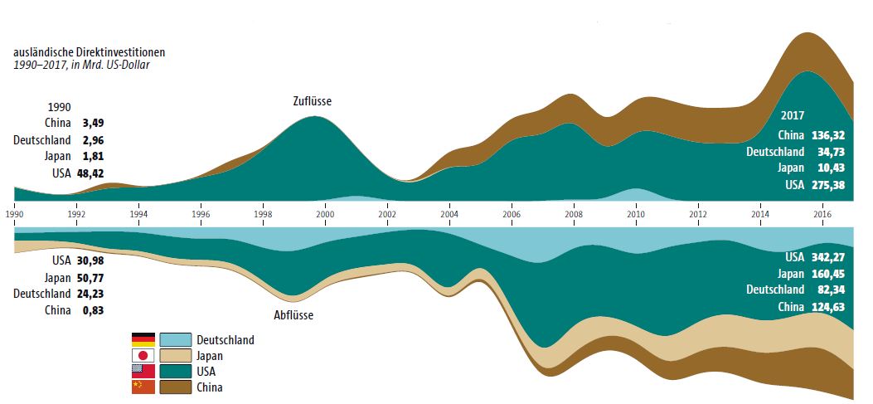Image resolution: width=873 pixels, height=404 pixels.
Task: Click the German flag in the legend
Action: (x=143, y=339)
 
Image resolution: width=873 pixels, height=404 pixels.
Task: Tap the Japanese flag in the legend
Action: (x=143, y=355)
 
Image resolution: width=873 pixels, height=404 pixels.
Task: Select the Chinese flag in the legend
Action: (x=143, y=387)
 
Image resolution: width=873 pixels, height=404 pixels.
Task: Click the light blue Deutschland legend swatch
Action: (x=175, y=339)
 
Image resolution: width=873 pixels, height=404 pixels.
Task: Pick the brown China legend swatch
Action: (x=175, y=387)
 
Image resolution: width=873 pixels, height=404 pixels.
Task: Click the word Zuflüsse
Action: (x=313, y=102)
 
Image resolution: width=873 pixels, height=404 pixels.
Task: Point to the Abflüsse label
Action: (x=293, y=315)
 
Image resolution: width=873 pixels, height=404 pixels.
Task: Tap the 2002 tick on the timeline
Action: (x=387, y=213)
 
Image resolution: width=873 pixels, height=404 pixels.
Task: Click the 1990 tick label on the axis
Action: (x=14, y=213)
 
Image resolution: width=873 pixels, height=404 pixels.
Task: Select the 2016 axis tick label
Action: (x=822, y=213)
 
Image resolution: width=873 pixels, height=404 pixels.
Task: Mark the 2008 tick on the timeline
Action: (x=574, y=213)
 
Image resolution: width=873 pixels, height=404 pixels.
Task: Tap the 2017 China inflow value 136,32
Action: (x=828, y=135)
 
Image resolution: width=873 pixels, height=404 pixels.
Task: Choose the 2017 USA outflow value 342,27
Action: (x=828, y=257)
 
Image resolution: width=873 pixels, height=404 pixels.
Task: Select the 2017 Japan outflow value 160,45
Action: (x=828, y=274)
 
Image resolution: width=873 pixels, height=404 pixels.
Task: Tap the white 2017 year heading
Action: (x=793, y=116)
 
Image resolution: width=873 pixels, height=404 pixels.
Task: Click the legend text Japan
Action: (x=211, y=356)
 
